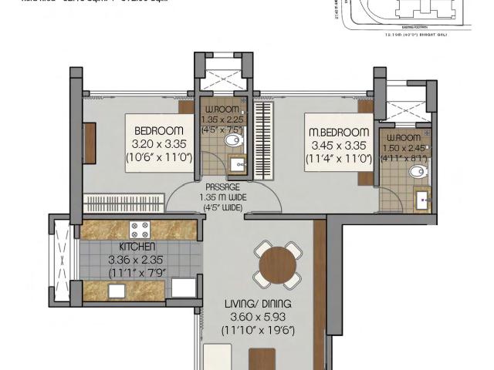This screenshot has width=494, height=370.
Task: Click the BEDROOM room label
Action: pos(158,129)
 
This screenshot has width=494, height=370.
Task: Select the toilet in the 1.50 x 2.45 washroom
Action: pos(418,171)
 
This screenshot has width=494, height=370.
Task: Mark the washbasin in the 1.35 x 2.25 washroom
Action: pos(237,163)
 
